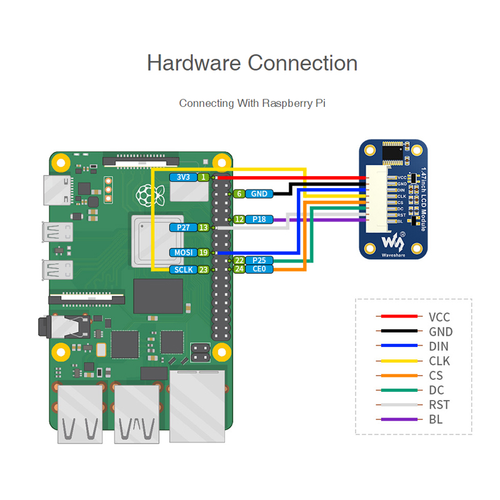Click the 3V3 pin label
tap(183, 177)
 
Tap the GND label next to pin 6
tap(259, 194)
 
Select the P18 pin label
tap(259, 219)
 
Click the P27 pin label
tap(183, 227)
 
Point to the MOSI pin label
tap(183, 252)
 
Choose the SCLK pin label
tap(183, 270)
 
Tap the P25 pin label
tap(259, 260)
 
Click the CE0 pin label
tap(259, 269)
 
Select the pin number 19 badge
tap(203, 252)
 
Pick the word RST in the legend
tap(439, 405)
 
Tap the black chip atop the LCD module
tap(393, 151)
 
